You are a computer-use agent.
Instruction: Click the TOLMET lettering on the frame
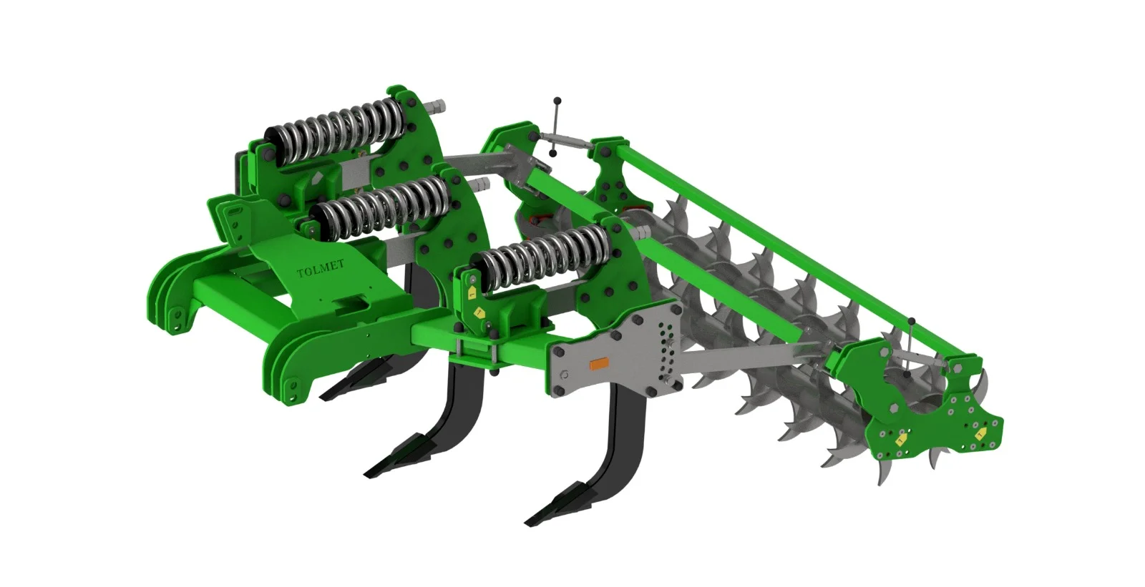click(x=321, y=267)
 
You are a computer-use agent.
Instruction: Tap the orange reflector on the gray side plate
click(x=598, y=365)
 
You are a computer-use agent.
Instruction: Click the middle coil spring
click(x=379, y=207)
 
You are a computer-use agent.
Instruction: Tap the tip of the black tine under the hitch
click(x=322, y=398)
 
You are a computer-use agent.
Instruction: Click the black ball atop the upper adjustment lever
click(x=557, y=101)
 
